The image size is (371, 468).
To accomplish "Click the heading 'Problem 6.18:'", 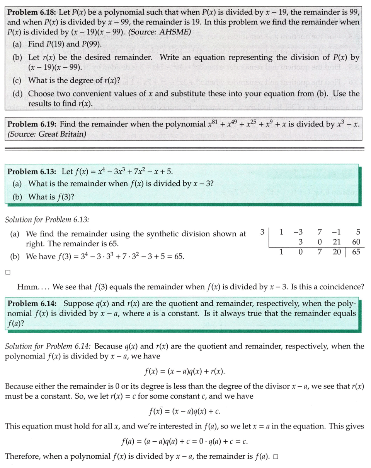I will pos(32,12).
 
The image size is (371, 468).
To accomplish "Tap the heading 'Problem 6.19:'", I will pos(32,124).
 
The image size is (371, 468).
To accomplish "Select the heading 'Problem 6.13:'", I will pos(32,171).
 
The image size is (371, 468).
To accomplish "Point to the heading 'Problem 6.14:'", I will pos(32,303).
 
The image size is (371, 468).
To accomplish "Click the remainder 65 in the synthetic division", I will pos(356,252).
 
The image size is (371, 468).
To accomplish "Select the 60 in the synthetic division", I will pos(356,242).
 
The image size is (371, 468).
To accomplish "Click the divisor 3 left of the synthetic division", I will pos(262,232).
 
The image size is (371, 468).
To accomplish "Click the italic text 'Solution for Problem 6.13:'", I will pos(47,219).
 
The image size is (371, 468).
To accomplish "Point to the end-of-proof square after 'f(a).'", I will pos(276,457).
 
